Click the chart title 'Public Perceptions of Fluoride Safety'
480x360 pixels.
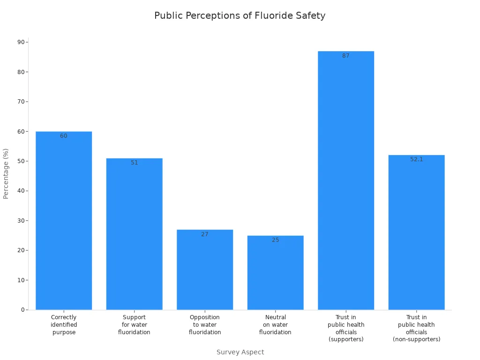240,15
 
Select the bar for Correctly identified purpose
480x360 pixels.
64,220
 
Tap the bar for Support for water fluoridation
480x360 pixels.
134,234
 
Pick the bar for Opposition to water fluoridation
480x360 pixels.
205,270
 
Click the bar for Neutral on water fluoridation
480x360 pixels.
275,272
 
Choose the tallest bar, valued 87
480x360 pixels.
346,180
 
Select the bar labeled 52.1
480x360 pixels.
416,232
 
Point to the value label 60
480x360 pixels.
64,136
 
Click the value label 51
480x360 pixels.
135,163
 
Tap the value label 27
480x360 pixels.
205,234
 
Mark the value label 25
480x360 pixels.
275,240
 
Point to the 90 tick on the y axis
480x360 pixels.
21,42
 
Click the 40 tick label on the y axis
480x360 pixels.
21,191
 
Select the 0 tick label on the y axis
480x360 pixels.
22,310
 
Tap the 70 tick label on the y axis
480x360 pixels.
21,102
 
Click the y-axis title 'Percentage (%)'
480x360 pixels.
6,173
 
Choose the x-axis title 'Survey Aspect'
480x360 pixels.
240,352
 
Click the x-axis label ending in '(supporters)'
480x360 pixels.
346,328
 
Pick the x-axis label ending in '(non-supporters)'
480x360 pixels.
416,328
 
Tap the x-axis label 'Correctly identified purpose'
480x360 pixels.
64,325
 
